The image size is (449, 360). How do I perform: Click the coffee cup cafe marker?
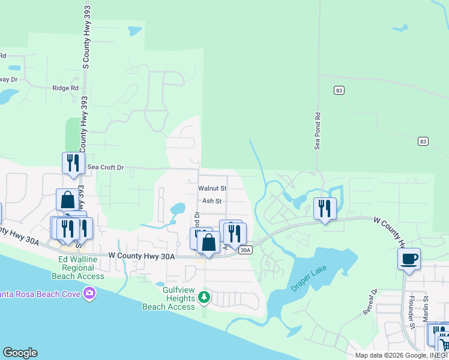[x=409, y=259]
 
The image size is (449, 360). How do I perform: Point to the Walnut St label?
[x=212, y=188]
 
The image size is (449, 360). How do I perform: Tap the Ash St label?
[x=212, y=202]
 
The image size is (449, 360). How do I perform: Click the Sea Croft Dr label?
[x=105, y=167]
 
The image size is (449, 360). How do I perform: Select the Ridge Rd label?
[x=65, y=88]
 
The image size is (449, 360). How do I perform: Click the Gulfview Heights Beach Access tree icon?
[x=204, y=297]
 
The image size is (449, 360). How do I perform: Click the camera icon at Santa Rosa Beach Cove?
[x=90, y=293]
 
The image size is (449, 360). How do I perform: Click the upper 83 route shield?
[x=339, y=89]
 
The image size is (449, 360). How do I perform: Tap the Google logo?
[x=20, y=353]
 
